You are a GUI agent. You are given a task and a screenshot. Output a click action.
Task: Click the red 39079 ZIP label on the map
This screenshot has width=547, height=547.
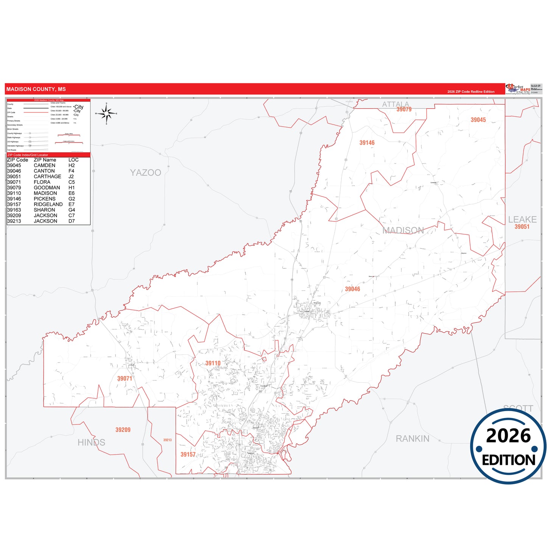(404, 109)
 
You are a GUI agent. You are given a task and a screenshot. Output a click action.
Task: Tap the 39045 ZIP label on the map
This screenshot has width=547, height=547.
(478, 120)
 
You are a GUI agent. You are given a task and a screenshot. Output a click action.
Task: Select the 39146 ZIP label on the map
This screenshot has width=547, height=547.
(367, 143)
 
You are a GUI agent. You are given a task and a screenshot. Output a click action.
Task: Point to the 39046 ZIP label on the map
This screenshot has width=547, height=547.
(352, 289)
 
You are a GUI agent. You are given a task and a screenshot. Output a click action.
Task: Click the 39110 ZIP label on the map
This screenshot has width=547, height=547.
(213, 363)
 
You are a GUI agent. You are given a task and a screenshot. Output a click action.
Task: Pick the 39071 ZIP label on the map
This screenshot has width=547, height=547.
(125, 379)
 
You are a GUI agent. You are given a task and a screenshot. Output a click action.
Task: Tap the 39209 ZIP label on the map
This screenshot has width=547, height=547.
(123, 430)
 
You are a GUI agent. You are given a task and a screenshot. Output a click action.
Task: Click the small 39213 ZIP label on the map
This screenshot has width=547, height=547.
(167, 440)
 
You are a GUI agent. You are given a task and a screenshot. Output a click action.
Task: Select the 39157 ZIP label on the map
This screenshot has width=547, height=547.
(188, 455)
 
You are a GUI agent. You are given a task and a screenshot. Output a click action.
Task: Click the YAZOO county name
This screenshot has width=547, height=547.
(145, 173)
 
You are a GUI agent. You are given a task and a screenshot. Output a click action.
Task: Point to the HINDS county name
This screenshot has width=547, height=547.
(91, 443)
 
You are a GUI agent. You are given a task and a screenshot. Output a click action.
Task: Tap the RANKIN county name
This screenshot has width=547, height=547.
(412, 439)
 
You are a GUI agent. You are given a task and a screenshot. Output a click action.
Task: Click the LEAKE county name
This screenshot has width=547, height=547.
(522, 220)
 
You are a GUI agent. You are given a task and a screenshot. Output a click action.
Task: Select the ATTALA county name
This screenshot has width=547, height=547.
(395, 104)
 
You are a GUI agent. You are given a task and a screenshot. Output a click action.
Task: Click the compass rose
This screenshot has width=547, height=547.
(106, 113)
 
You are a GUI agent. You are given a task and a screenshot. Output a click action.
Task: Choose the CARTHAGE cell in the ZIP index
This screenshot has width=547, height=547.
(47, 176)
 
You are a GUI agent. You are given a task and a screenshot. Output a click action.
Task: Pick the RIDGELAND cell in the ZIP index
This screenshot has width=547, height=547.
(48, 204)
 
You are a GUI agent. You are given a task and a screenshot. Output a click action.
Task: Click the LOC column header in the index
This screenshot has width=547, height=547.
(73, 160)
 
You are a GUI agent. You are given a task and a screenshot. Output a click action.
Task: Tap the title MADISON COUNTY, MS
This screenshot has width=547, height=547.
(36, 89)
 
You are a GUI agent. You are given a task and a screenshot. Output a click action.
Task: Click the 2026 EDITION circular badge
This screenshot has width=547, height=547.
(508, 446)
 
